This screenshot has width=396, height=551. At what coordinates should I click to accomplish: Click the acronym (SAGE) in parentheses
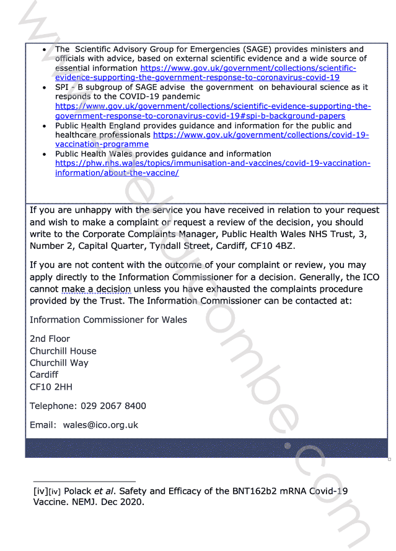point(255,49)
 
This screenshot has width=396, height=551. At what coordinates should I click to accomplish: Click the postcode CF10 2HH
point(51,387)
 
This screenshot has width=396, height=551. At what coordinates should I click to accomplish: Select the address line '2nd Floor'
point(50,339)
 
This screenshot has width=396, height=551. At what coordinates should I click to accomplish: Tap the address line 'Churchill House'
point(63,351)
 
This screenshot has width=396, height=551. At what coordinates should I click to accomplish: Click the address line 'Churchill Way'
point(59,363)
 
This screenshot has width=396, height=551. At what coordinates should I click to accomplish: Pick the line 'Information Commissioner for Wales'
point(108,320)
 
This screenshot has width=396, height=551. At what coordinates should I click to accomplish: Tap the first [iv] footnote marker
point(41,491)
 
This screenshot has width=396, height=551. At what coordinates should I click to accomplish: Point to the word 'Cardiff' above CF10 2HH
point(44,375)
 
